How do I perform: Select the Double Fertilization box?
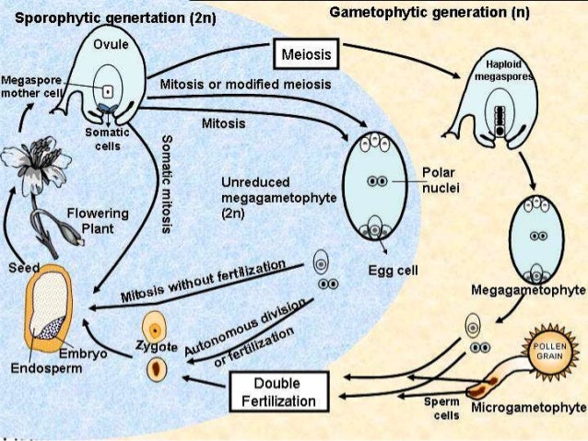coord(277,391)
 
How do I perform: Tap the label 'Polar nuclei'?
coord(441,180)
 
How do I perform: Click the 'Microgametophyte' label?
coord(528,407)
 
